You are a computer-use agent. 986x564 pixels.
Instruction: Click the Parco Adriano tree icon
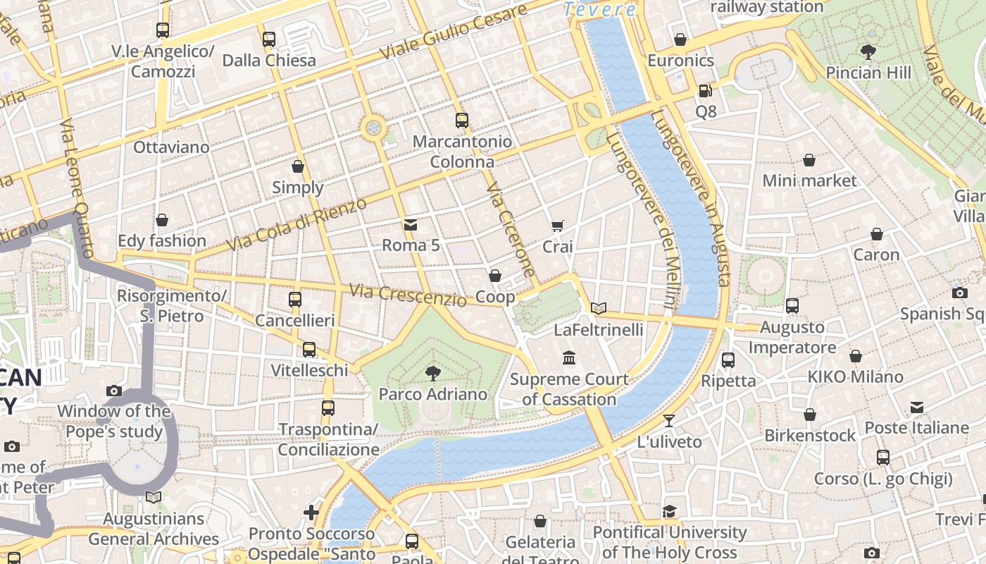coord(432,373)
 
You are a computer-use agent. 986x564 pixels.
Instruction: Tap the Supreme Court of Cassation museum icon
coord(569,358)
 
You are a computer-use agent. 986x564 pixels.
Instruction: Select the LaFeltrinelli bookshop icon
coord(598,308)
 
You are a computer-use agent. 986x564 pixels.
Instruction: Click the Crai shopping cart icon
coord(557,226)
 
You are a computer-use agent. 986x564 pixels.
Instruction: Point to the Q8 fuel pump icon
coord(704,91)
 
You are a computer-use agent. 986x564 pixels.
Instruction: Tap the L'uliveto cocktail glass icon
coord(669,421)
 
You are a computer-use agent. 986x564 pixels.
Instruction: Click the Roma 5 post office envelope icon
coord(410,225)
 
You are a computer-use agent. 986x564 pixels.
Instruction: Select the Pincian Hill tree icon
coord(868,51)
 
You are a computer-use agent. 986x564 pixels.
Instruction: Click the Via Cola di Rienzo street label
coord(297,224)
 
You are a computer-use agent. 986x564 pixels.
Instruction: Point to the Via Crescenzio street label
coord(408,295)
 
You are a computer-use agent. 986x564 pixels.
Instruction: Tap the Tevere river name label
coord(600,10)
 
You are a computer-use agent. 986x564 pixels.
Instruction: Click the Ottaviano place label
coord(171,147)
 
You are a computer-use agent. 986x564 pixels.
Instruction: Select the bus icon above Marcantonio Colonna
coord(462,121)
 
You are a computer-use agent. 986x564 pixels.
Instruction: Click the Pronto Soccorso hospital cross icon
coord(311,513)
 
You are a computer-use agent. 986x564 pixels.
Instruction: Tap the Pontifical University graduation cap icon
coord(669,511)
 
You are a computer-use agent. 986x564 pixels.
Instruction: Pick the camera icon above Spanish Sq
coord(959,293)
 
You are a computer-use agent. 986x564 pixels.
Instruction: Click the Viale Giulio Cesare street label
coord(452,32)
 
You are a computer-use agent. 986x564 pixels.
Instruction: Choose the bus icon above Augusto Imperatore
coord(792,306)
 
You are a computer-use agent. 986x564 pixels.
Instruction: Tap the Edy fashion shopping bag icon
coord(162,220)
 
